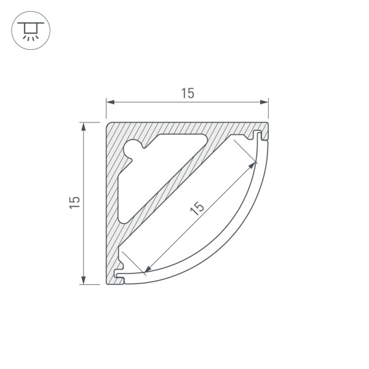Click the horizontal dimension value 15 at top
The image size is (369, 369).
point(188,93)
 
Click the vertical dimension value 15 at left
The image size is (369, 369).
point(74,202)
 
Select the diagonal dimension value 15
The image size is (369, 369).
point(197,208)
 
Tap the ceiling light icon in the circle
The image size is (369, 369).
point(31,31)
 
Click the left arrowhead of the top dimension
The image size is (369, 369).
point(110,102)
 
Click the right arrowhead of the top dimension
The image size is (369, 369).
point(264,102)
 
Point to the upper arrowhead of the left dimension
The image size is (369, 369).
point(83,127)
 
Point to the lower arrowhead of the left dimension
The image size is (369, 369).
point(83,280)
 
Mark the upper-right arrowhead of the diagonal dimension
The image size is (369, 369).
point(252,165)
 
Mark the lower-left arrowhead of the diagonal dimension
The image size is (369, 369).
point(148,269)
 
